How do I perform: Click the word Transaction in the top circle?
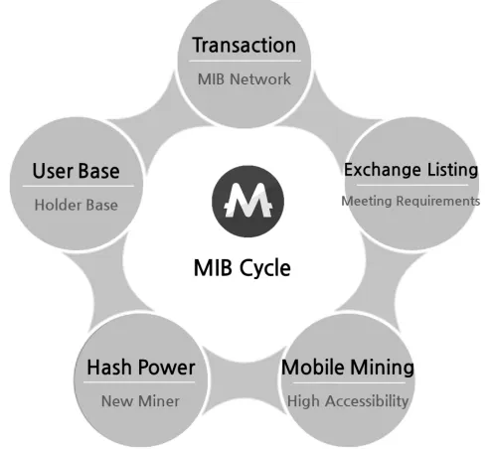(x=245, y=45)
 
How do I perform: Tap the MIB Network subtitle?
(x=245, y=79)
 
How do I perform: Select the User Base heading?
(x=77, y=171)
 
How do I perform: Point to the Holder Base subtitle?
(x=77, y=205)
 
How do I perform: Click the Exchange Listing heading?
(x=411, y=170)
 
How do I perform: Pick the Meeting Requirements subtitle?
(x=410, y=201)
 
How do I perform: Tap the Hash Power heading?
(x=141, y=368)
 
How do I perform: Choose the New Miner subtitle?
(x=140, y=401)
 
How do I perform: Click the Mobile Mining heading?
(x=348, y=368)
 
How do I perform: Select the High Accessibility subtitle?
(x=348, y=401)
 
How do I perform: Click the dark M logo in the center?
(x=247, y=201)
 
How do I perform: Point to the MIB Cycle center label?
(x=243, y=268)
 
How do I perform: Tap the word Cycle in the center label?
(x=265, y=268)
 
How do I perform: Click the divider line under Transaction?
(x=245, y=62)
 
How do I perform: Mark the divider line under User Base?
(x=79, y=186)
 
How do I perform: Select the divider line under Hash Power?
(x=139, y=382)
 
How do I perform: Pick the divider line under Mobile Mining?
(x=349, y=383)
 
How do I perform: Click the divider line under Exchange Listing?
(x=412, y=185)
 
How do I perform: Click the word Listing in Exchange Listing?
(x=452, y=170)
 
